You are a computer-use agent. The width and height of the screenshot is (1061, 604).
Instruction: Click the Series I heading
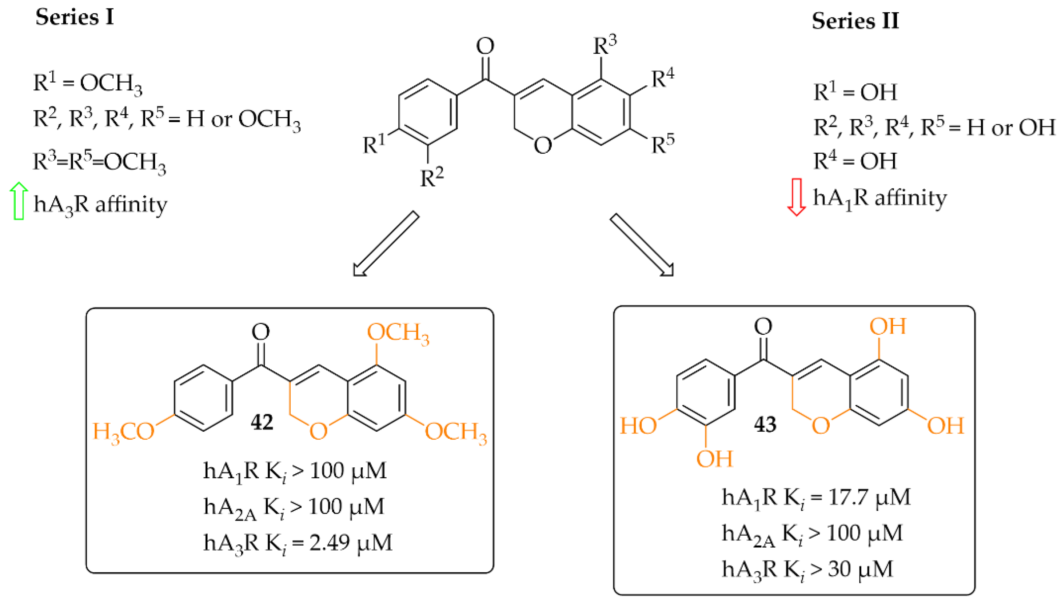pyautogui.click(x=75, y=17)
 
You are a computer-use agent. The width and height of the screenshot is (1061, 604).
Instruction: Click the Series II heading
pyautogui.click(x=855, y=21)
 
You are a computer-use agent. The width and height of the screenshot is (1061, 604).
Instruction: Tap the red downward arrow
pyautogui.click(x=796, y=197)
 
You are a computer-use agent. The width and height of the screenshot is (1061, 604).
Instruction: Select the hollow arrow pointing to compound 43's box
pyautogui.click(x=641, y=245)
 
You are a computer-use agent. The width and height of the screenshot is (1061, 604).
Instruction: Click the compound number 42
pyautogui.click(x=262, y=422)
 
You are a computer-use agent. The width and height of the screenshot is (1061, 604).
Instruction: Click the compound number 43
pyautogui.click(x=765, y=424)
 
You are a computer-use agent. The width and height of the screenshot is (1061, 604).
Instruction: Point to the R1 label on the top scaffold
pyautogui.click(x=374, y=144)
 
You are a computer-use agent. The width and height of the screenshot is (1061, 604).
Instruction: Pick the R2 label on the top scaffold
pyautogui.click(x=432, y=178)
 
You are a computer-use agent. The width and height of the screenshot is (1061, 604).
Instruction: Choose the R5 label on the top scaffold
pyautogui.click(x=662, y=144)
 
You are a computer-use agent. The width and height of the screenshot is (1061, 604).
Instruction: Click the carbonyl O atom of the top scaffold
pyautogui.click(x=485, y=46)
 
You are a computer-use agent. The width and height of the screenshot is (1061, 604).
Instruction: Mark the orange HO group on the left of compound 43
pyautogui.click(x=638, y=426)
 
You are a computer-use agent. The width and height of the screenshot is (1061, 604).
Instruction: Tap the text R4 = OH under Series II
pyautogui.click(x=855, y=161)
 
